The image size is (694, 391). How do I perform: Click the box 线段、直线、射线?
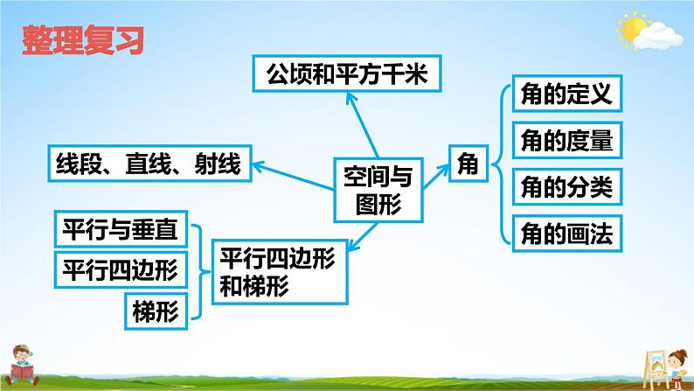[x=148, y=163]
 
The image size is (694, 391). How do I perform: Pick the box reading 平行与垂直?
[x=120, y=231]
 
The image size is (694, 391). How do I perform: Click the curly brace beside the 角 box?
[x=496, y=163]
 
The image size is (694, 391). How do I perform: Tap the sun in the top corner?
[x=632, y=29]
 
